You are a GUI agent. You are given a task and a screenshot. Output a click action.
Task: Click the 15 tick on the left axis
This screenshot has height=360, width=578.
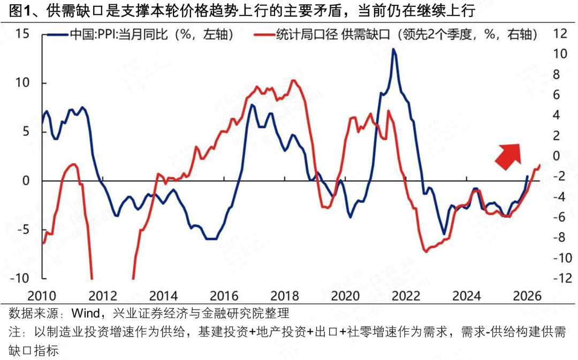click(22, 33)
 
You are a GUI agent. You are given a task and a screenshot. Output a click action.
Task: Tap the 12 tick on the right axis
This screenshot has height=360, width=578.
click(559, 33)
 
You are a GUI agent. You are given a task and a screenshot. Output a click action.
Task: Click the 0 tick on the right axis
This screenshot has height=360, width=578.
click(559, 156)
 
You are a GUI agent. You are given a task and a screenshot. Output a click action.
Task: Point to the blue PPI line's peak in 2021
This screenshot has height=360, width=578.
click(394, 49)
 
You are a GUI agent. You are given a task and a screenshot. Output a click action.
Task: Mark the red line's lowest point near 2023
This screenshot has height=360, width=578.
click(426, 251)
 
